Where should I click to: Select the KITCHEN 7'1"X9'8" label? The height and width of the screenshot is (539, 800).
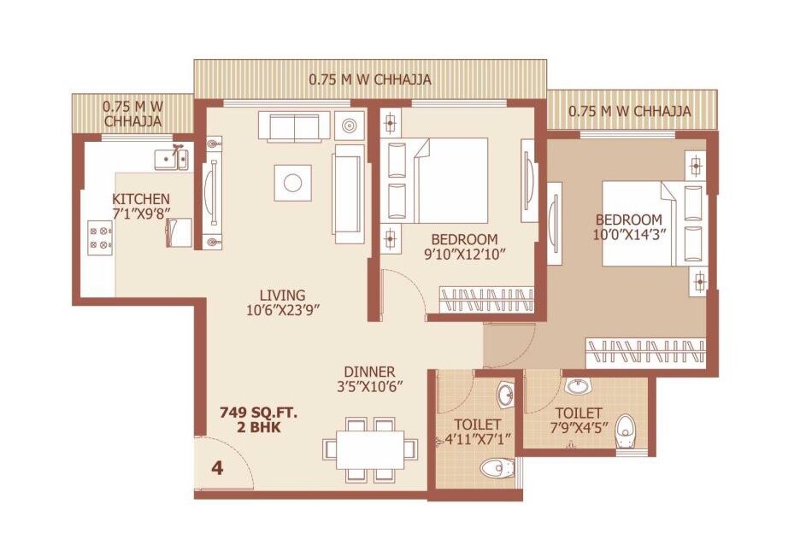coord(141,206)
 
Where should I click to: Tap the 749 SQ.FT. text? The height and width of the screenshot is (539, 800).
coord(250,413)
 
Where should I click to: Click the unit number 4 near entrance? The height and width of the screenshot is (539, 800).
coord(217,469)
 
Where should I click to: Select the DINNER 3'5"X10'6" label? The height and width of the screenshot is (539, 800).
coord(369,378)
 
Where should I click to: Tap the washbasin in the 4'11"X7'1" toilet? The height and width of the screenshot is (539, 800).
coord(506,395)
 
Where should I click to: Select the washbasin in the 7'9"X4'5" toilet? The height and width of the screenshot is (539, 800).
coord(579,386)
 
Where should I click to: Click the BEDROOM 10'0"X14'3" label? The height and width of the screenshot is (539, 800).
coord(629,226)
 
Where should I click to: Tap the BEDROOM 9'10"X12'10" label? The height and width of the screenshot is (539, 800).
coord(463,246)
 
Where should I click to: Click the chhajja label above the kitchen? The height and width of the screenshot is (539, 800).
coord(132,114)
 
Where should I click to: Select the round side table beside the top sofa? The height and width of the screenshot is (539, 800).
coord(350,126)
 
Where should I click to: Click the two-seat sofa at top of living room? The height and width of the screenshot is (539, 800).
coord(294,127)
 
